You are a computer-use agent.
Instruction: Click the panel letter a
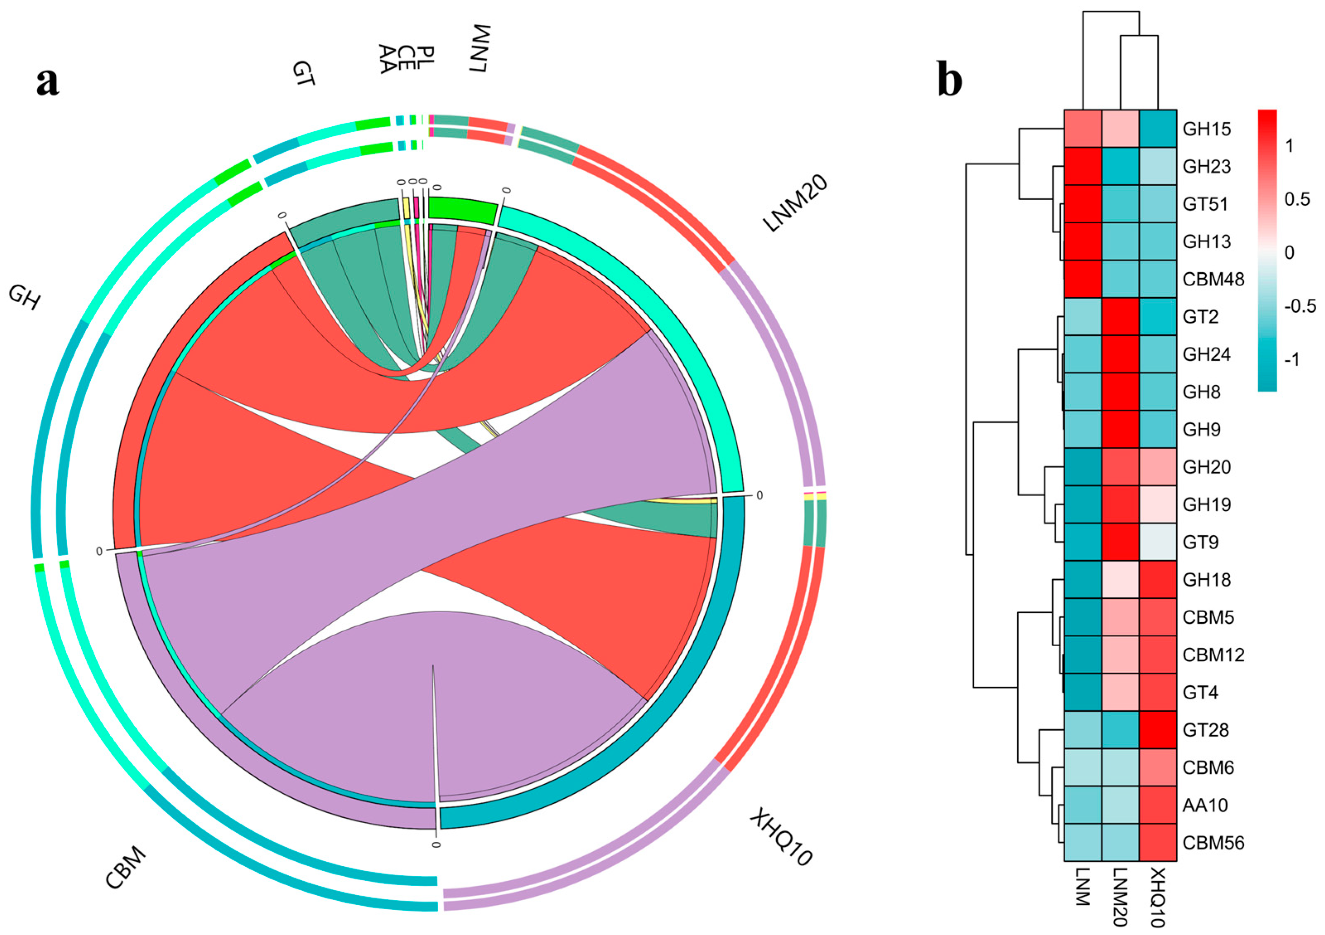[47, 82]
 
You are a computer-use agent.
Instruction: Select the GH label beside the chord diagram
[24, 298]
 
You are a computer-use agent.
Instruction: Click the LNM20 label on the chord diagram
[795, 203]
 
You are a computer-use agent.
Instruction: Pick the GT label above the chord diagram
[303, 74]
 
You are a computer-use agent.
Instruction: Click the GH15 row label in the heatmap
[1207, 129]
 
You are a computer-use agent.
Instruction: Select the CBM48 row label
[1213, 279]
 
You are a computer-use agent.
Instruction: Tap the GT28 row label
[1206, 730]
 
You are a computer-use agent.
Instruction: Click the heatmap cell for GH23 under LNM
[1083, 166]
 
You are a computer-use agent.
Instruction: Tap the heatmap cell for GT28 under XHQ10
[1158, 730]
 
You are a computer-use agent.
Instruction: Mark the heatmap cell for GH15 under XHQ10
[1158, 129]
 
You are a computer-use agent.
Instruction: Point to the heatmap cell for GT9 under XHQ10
[1158, 542]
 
